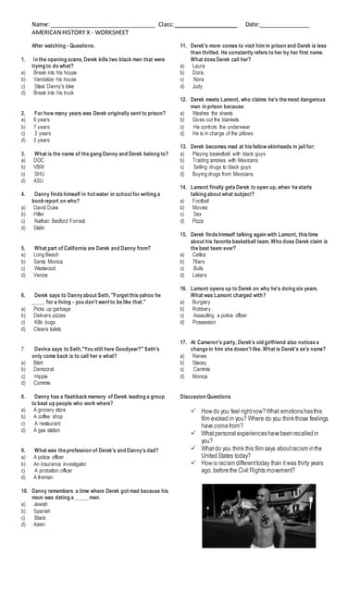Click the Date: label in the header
tap(253, 22)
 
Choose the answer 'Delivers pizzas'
tap(53, 315)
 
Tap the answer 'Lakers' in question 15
tap(200, 276)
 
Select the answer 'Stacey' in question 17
tap(200, 364)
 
